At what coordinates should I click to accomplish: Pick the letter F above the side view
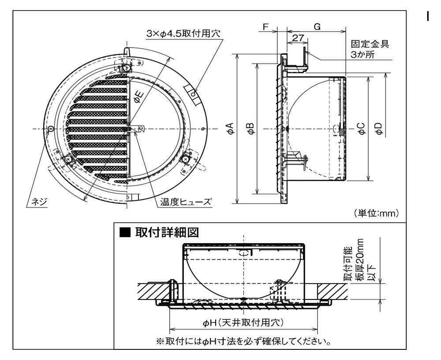265,27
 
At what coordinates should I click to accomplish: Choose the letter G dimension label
316,27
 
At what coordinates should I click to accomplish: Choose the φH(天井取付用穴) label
243,323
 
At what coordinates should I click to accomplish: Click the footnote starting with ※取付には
243,341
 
